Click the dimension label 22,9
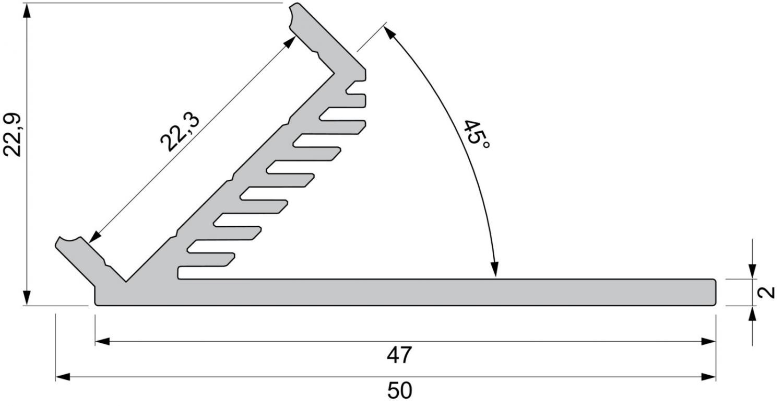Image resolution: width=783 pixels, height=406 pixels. pos(13,135)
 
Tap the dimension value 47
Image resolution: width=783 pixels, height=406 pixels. pos(399,355)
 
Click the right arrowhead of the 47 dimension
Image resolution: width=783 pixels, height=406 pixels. pos(708,341)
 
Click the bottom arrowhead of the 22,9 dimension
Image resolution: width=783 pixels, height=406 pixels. pos(27,298)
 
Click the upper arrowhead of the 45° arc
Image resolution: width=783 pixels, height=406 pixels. pos(388,32)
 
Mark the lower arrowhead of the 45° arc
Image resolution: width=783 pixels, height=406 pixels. pos(495,269)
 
